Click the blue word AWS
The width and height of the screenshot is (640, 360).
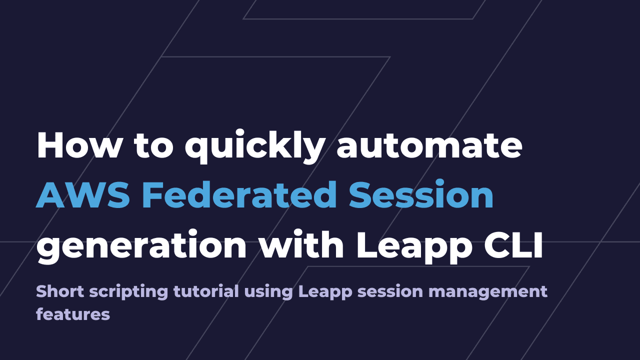coord(83,195)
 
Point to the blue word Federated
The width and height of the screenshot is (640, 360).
coord(239,195)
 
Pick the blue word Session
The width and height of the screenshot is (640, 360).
coord(421,195)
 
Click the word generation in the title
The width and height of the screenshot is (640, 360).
coord(142,246)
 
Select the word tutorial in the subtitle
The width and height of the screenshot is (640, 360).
coord(206,291)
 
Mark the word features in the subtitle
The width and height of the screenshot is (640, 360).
coord(73,314)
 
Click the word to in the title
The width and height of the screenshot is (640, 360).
coord(153,145)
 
